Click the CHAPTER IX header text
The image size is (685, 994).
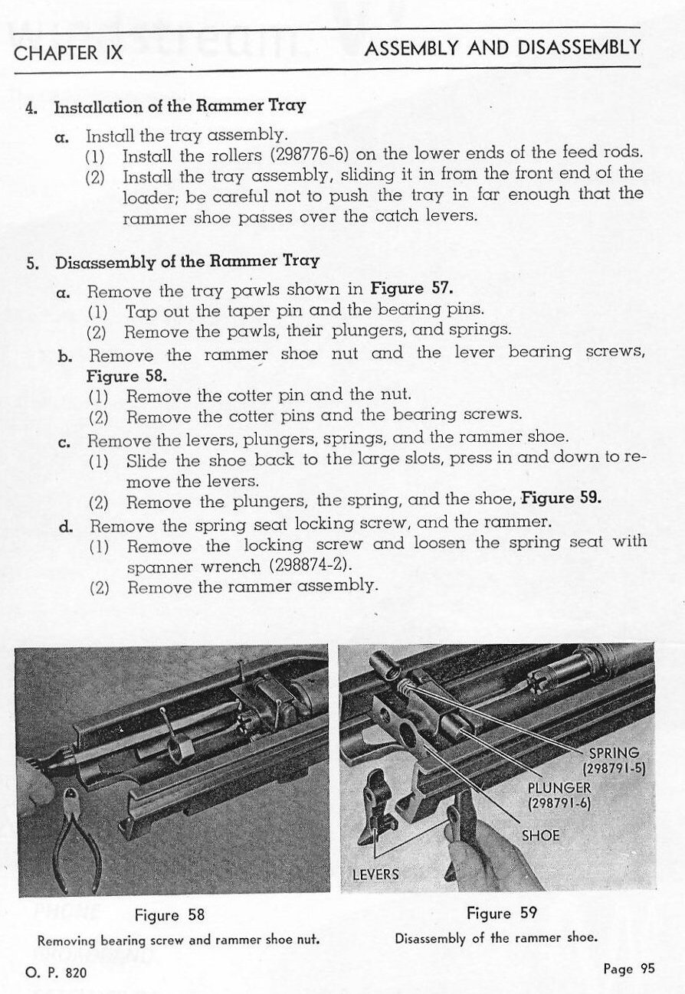[68, 53]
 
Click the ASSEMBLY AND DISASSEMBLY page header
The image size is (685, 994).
[503, 48]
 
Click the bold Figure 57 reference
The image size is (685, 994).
[411, 289]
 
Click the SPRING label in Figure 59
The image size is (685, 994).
[614, 753]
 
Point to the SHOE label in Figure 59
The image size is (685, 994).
[540, 835]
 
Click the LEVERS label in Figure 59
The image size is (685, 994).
[375, 874]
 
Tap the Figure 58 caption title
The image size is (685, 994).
[169, 915]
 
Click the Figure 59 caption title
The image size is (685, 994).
[502, 913]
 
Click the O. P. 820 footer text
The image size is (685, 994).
[56, 973]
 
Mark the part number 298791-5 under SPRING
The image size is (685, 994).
[617, 768]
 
